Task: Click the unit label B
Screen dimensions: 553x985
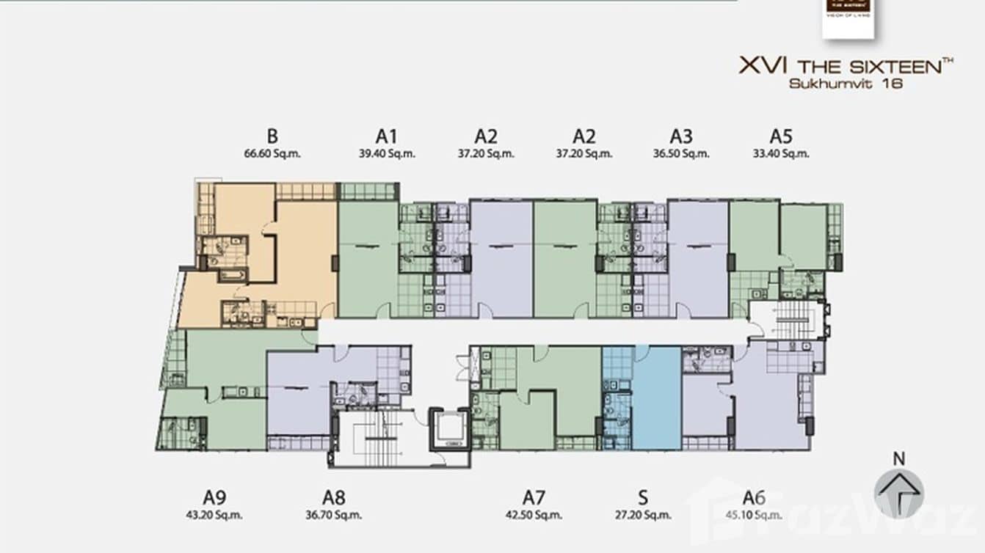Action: pos(272,136)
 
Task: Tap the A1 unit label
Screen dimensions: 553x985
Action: pos(386,136)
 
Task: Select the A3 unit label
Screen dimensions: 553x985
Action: pos(681,136)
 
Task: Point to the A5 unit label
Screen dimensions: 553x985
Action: pos(781,136)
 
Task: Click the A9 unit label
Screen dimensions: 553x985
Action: pos(214,497)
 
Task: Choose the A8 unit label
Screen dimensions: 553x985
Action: pos(333,497)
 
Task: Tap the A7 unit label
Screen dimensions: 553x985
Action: pos(534,497)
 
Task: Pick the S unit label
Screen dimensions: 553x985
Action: pos(643,497)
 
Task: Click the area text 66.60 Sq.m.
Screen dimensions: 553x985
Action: pos(272,154)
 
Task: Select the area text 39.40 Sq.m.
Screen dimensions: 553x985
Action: pos(386,154)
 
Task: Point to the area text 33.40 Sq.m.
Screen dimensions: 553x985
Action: pos(781,154)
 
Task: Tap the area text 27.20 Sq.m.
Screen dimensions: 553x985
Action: pos(643,514)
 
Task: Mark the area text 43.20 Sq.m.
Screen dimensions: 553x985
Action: pos(214,514)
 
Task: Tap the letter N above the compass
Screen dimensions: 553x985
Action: pos(898,458)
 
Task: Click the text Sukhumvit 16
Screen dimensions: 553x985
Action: pos(845,84)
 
